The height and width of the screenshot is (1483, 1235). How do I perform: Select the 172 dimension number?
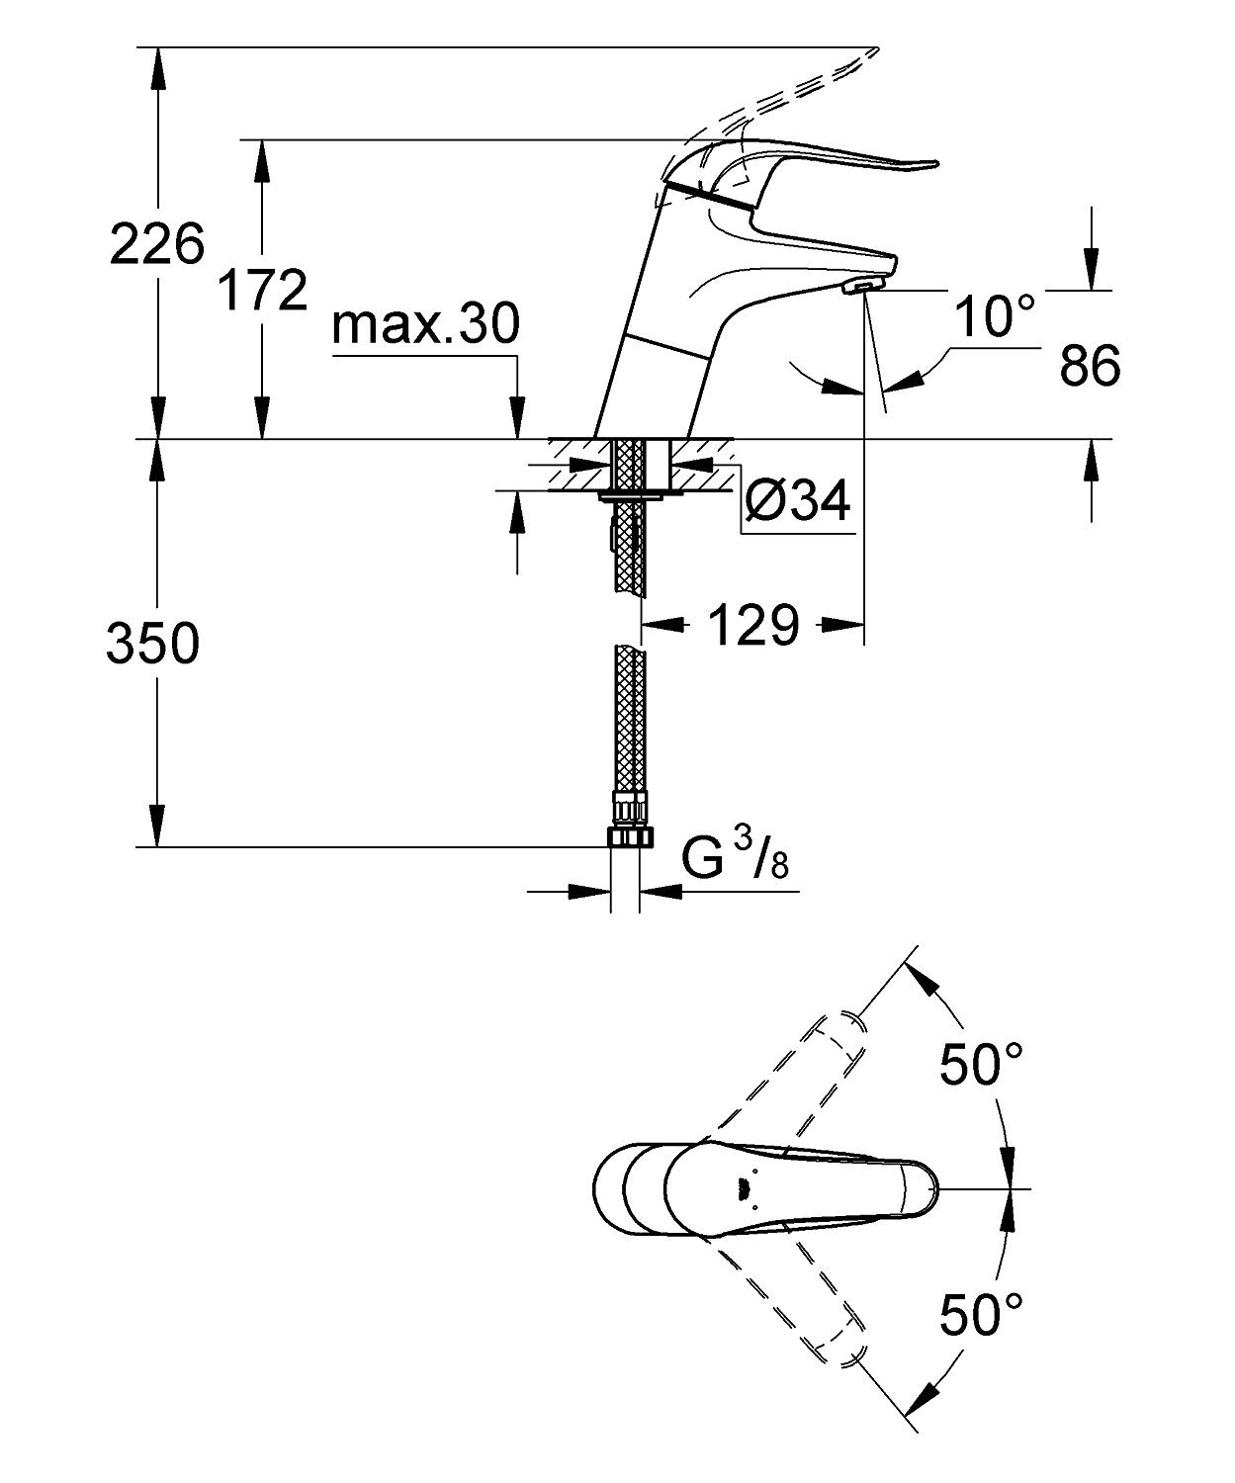(261, 290)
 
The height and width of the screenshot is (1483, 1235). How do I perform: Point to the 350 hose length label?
(152, 645)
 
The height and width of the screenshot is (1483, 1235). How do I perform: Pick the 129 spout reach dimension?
(751, 625)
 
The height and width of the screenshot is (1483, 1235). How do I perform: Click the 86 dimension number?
(1090, 366)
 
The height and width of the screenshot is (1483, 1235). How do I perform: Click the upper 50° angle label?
(981, 1067)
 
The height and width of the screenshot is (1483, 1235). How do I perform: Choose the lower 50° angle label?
(981, 1314)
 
